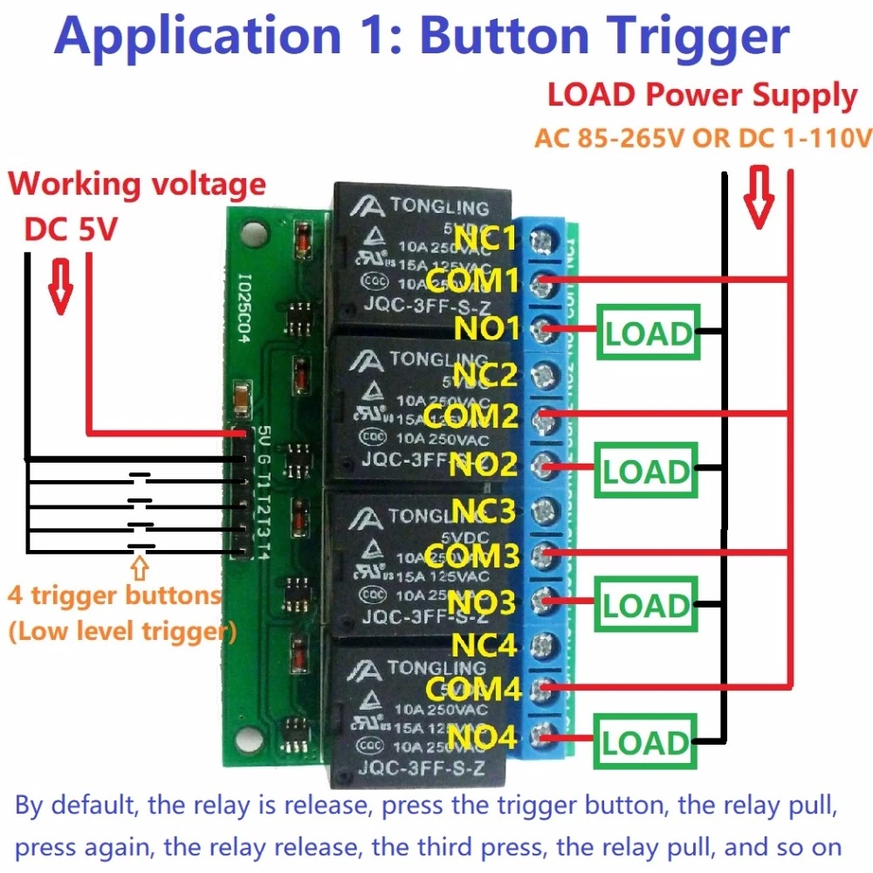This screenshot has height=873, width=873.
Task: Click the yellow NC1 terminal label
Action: pyautogui.click(x=486, y=238)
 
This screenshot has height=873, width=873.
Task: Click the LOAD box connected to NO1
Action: pyautogui.click(x=648, y=333)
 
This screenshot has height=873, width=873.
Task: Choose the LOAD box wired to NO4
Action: pyautogui.click(x=646, y=743)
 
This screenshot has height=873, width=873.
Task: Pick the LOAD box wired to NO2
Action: pyautogui.click(x=646, y=472)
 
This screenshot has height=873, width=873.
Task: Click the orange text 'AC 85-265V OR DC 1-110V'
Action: pyautogui.click(x=704, y=139)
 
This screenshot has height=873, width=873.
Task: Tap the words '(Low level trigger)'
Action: pyautogui.click(x=122, y=631)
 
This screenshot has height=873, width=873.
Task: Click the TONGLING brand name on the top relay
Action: pyautogui.click(x=439, y=208)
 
